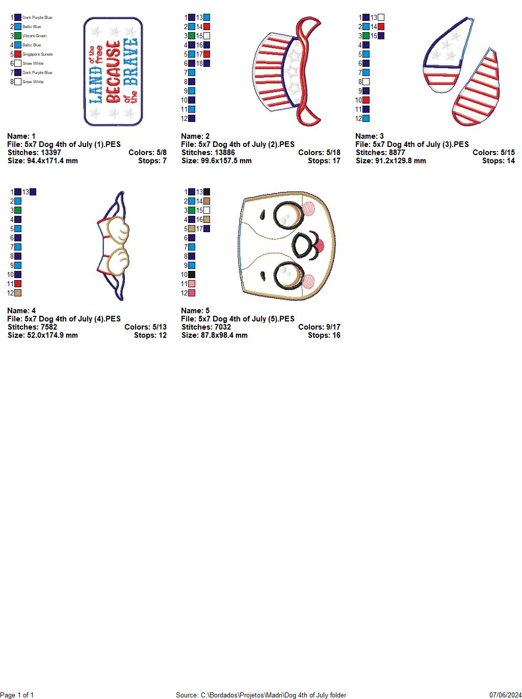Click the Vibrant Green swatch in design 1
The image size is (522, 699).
tap(18, 36)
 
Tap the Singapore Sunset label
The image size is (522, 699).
tap(37, 54)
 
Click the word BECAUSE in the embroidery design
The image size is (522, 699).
tap(114, 71)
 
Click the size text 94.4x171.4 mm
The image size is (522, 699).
tap(43, 161)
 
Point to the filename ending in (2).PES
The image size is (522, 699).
tap(238, 144)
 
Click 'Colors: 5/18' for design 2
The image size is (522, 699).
tap(319, 153)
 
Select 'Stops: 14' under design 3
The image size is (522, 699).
tap(498, 161)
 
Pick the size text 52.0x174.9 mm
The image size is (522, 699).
tap(43, 335)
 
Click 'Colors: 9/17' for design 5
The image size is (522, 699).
tap(319, 327)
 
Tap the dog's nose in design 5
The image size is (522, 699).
tap(319, 246)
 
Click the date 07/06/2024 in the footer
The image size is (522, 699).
tap(506, 695)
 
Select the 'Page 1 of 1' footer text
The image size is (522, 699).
tap(17, 695)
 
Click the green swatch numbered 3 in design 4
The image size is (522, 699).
tap(18, 210)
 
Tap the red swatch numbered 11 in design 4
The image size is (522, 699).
tap(18, 284)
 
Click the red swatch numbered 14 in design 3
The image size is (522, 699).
tap(381, 27)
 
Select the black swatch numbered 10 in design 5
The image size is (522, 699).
tap(192, 274)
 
